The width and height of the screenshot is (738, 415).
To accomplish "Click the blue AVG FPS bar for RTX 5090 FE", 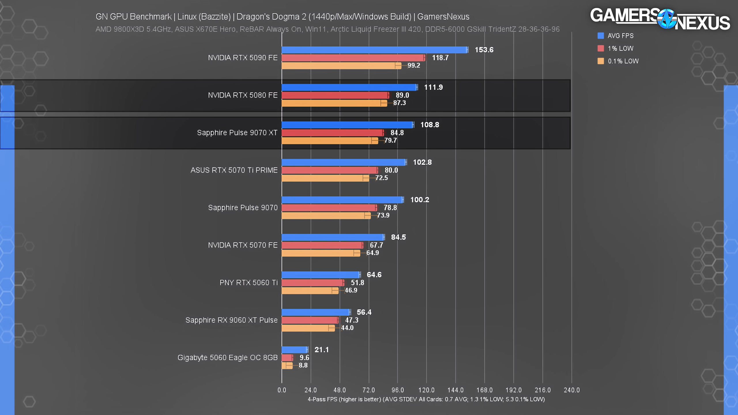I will pos(374,50).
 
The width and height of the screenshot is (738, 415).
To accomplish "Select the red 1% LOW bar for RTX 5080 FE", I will pos(335,95).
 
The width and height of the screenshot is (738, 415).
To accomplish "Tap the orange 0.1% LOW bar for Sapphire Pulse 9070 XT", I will pos(330,141).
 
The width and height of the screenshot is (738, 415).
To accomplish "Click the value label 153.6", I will pos(484,50).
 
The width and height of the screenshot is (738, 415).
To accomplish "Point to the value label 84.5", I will pos(398,237).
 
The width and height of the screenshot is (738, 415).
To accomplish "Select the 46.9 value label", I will pos(351,290).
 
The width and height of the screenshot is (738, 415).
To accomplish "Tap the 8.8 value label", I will pos(303,365).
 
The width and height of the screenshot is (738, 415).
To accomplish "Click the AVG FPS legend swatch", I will pos(601,36).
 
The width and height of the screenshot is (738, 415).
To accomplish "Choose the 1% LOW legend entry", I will pos(620,48).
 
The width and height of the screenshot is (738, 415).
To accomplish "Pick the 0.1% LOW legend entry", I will pos(623,61).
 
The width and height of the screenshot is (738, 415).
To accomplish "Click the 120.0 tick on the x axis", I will pos(426,390).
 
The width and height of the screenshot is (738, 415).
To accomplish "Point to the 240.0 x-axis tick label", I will pos(571,390).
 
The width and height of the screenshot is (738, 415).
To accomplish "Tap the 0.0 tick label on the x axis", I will pos(282,390).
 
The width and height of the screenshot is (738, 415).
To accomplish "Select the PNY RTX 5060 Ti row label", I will pos(248,282).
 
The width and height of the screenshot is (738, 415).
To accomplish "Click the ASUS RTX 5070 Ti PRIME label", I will pos(234,170).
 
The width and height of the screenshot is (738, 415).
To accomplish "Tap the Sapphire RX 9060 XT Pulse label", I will pos(231,320).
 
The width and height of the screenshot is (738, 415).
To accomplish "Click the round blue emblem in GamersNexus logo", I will pos(667,19).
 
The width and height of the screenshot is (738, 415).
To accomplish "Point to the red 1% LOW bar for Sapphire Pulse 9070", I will pos(329,208).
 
